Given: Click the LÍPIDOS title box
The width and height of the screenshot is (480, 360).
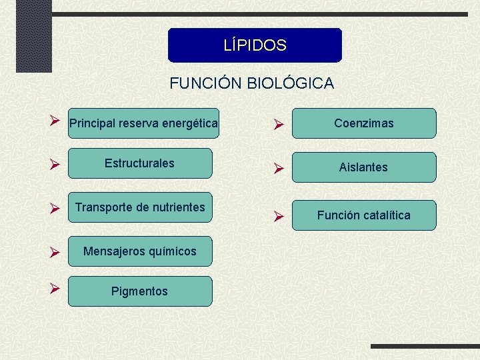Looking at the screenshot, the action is pyautogui.click(x=255, y=45).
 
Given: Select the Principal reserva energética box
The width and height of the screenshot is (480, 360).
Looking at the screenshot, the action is pyautogui.click(x=143, y=123).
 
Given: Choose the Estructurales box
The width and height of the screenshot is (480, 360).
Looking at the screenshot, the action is pyautogui.click(x=140, y=163).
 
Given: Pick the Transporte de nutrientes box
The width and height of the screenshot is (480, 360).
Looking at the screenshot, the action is pyautogui.click(x=140, y=207).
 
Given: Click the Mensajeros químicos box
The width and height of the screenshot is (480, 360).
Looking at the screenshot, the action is pyautogui.click(x=140, y=251).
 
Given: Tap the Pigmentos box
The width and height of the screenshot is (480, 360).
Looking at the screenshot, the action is pyautogui.click(x=140, y=291).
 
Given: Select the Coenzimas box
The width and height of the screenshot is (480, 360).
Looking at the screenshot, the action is pyautogui.click(x=364, y=123).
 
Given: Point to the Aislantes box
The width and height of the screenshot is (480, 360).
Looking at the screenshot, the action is pyautogui.click(x=364, y=167).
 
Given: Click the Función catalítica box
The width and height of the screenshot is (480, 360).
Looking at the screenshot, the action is pyautogui.click(x=364, y=215).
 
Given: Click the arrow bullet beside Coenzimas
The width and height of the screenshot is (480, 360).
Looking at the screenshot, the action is pyautogui.click(x=280, y=125).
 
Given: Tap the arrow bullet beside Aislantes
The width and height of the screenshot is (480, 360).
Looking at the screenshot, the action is pyautogui.click(x=280, y=169).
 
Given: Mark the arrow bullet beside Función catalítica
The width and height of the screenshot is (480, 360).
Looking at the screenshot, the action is pyautogui.click(x=280, y=217).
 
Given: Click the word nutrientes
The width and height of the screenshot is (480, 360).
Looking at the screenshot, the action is pyautogui.click(x=175, y=207).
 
